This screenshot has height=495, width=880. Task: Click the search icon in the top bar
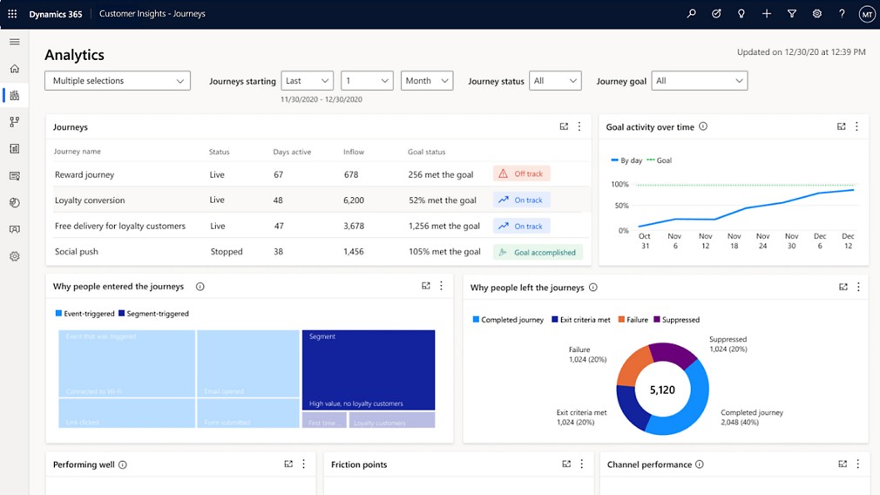coord(691,14)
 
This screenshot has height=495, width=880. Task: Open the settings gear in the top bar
coord(816,14)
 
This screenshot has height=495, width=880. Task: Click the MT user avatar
coord(866,14)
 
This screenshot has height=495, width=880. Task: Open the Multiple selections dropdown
coord(118,81)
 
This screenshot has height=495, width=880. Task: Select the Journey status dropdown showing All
coord(555,81)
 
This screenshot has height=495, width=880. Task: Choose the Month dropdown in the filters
coord(427,81)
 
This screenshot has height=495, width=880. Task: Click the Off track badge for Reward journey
coord(521,174)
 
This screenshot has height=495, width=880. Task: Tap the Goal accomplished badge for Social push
coord(537,253)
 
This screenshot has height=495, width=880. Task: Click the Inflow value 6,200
coord(354,200)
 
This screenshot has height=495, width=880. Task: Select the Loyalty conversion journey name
coord(90,200)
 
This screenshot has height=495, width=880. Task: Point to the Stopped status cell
coord(227,252)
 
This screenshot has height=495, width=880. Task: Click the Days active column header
coord(292,152)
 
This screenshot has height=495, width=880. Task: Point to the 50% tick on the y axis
coord(619,206)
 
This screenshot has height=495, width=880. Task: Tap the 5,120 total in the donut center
coord(662,390)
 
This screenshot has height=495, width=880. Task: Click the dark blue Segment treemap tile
coord(369,370)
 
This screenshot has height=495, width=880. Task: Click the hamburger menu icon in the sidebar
coord(14,42)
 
